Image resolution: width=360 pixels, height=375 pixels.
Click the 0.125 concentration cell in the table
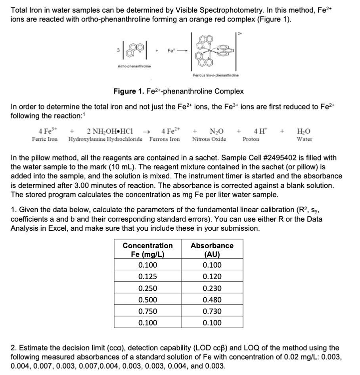click(147, 277)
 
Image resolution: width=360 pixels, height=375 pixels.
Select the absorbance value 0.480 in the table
click(212, 300)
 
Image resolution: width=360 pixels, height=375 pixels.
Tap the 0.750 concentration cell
click(147, 311)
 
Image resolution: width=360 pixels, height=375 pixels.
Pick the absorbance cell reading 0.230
click(212, 288)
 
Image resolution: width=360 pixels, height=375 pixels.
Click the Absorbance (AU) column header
click(212, 250)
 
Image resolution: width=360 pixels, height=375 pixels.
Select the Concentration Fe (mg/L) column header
click(147, 250)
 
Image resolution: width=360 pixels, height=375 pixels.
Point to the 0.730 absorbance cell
click(212, 311)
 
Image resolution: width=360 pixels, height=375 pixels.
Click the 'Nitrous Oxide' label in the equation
click(209, 139)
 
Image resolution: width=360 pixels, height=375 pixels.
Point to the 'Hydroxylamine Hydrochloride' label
click(107, 139)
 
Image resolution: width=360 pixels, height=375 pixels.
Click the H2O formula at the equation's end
click(304, 131)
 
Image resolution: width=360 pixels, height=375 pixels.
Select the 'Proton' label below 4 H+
click(251, 139)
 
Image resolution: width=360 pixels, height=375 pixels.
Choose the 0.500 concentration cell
click(147, 300)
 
